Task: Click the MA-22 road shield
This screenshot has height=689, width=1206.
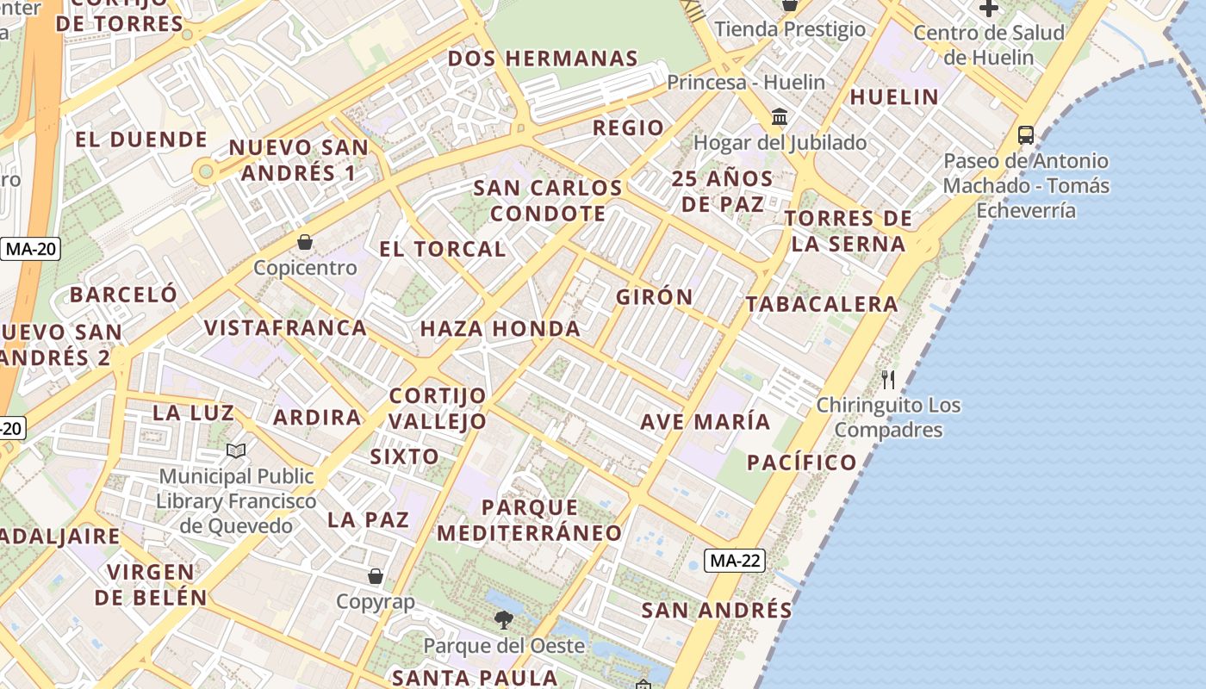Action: pyautogui.click(x=735, y=561)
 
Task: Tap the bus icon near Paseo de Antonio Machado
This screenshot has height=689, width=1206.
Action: pyautogui.click(x=1025, y=134)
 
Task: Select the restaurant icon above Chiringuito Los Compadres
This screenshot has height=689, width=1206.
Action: pyautogui.click(x=888, y=379)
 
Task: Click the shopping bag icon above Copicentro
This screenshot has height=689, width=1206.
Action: pyautogui.click(x=304, y=242)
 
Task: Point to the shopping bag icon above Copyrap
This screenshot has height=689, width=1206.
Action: pyautogui.click(x=375, y=575)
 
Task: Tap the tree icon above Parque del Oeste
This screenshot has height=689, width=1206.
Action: pyautogui.click(x=503, y=618)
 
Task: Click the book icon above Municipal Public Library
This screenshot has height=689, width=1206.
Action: pyautogui.click(x=236, y=450)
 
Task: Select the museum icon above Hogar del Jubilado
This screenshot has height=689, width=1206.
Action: pyautogui.click(x=780, y=116)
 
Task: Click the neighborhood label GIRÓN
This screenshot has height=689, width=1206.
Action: pyautogui.click(x=655, y=297)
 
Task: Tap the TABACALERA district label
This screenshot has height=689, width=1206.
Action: pyautogui.click(x=822, y=304)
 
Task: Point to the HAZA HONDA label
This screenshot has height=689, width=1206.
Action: pyautogui.click(x=500, y=329)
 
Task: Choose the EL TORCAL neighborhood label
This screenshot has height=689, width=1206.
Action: pyautogui.click(x=442, y=250)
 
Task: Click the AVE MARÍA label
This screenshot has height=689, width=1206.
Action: pyautogui.click(x=705, y=422)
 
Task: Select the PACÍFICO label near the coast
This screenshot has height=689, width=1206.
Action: pyautogui.click(x=802, y=462)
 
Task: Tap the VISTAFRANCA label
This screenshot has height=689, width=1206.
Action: pyautogui.click(x=285, y=328)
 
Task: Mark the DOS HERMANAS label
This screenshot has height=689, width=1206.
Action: pyautogui.click(x=543, y=59)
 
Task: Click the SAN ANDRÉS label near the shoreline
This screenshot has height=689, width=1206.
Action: pyautogui.click(x=716, y=611)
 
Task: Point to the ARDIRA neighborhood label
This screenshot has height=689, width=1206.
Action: pyautogui.click(x=317, y=418)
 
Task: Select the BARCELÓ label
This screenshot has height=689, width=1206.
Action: pyautogui.click(x=123, y=295)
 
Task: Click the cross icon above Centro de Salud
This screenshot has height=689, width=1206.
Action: pyautogui.click(x=988, y=9)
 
